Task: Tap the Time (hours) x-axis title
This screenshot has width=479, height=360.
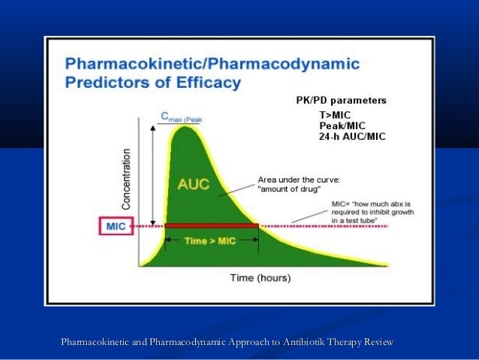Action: tap(260, 277)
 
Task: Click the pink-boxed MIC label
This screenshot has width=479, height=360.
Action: tap(115, 225)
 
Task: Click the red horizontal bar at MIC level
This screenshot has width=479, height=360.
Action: tap(212, 225)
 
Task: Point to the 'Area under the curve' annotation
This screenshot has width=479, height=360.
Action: tap(300, 184)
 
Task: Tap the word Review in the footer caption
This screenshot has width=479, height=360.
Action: tap(378, 343)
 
